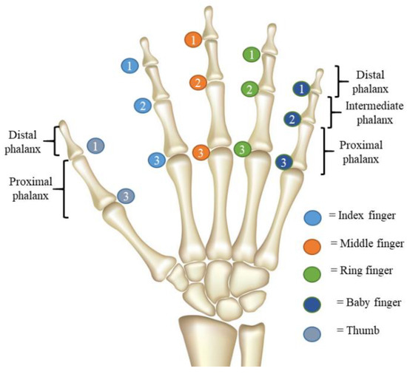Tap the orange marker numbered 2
[x=197, y=82]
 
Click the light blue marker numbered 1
[x=130, y=66]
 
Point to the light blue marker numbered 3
[x=156, y=160]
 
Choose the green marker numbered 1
[x=252, y=54]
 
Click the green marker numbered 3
[x=241, y=150]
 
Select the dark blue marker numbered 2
[x=292, y=119]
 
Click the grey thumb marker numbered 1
[x=95, y=146]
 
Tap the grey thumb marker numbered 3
[x=126, y=196]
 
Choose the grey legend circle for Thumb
[x=313, y=331]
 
